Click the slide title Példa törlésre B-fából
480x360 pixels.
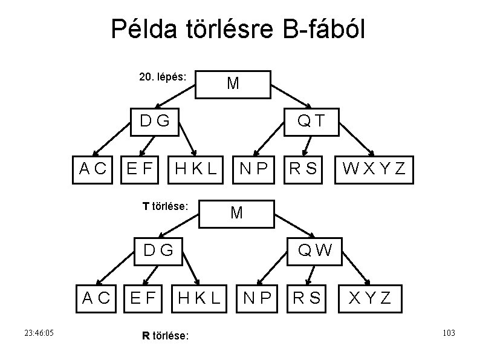238,28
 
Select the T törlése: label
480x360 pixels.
166,206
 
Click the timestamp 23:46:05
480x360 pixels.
39,333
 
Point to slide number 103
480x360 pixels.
448,333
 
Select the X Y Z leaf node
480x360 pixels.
368,297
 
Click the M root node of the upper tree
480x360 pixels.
233,83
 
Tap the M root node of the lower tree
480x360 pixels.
236,212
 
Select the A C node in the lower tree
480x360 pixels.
96,297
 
